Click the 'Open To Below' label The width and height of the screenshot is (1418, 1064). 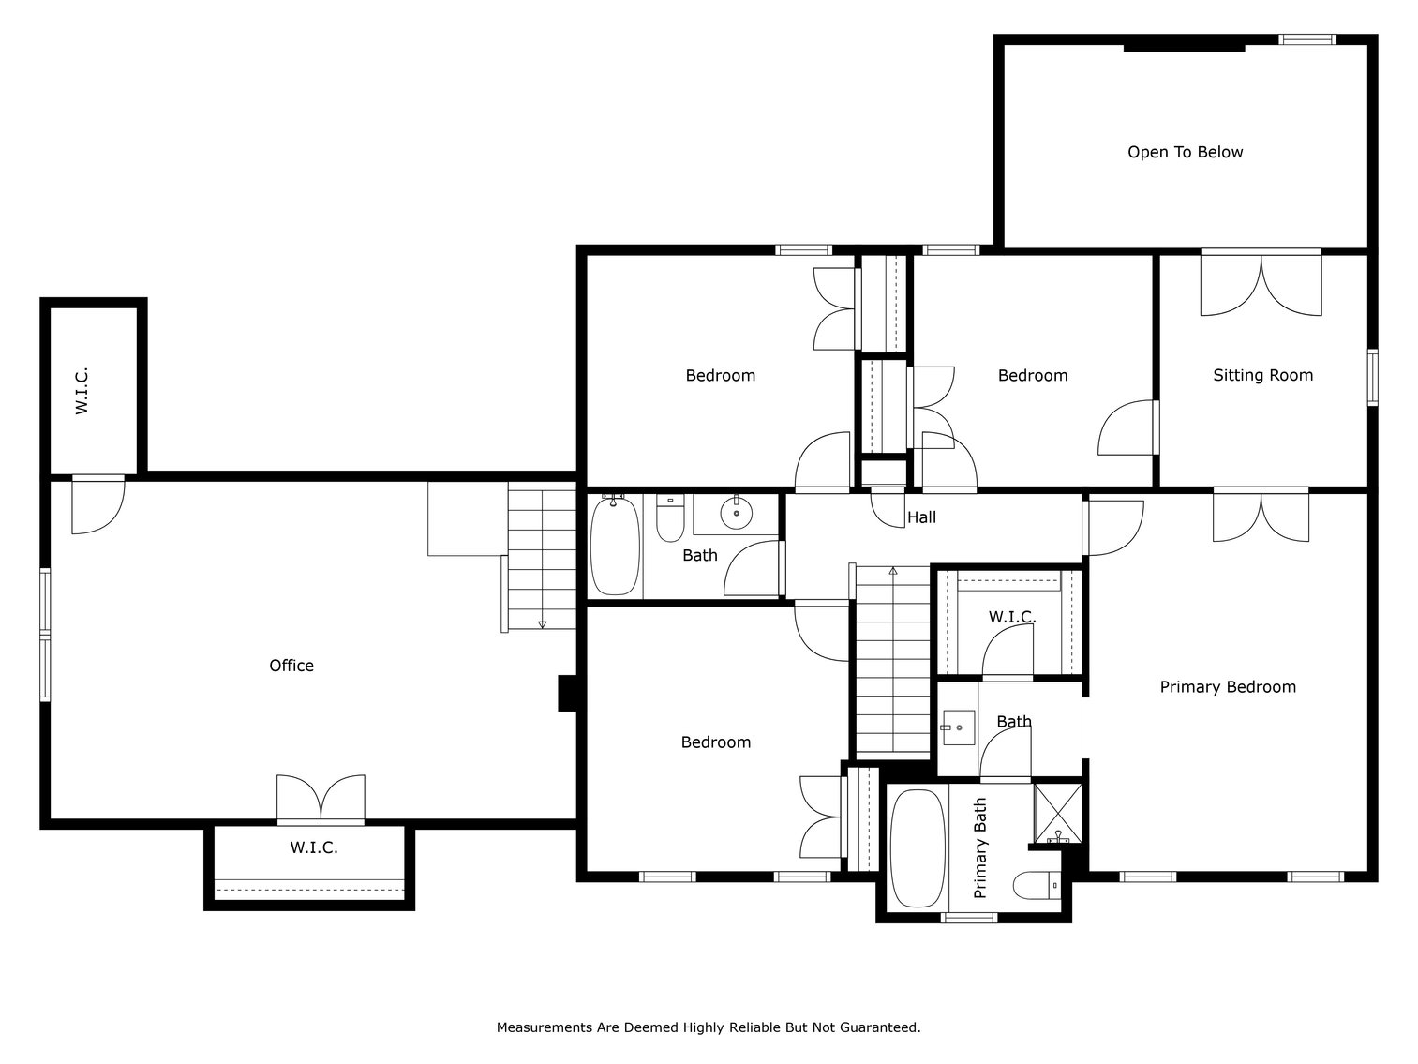(1185, 152)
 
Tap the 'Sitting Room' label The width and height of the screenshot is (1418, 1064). (1262, 375)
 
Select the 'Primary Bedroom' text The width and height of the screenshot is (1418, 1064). (1228, 687)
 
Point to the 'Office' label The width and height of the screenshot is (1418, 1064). (291, 666)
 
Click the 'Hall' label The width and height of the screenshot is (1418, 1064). (921, 517)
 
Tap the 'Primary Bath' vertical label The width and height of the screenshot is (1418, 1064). (981, 848)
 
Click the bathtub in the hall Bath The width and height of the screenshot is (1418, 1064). (615, 547)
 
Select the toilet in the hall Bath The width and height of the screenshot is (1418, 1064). (669, 519)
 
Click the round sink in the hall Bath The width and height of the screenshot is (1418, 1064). (737, 513)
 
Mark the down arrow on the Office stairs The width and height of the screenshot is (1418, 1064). (542, 622)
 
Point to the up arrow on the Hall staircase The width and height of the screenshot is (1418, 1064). (893, 570)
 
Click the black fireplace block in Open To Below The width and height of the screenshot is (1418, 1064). (1184, 47)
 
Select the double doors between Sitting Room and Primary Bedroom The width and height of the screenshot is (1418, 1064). (1261, 514)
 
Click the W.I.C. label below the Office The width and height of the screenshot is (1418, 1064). (314, 847)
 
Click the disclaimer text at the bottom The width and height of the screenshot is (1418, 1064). (709, 1027)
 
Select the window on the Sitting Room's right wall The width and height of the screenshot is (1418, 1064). (1372, 377)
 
